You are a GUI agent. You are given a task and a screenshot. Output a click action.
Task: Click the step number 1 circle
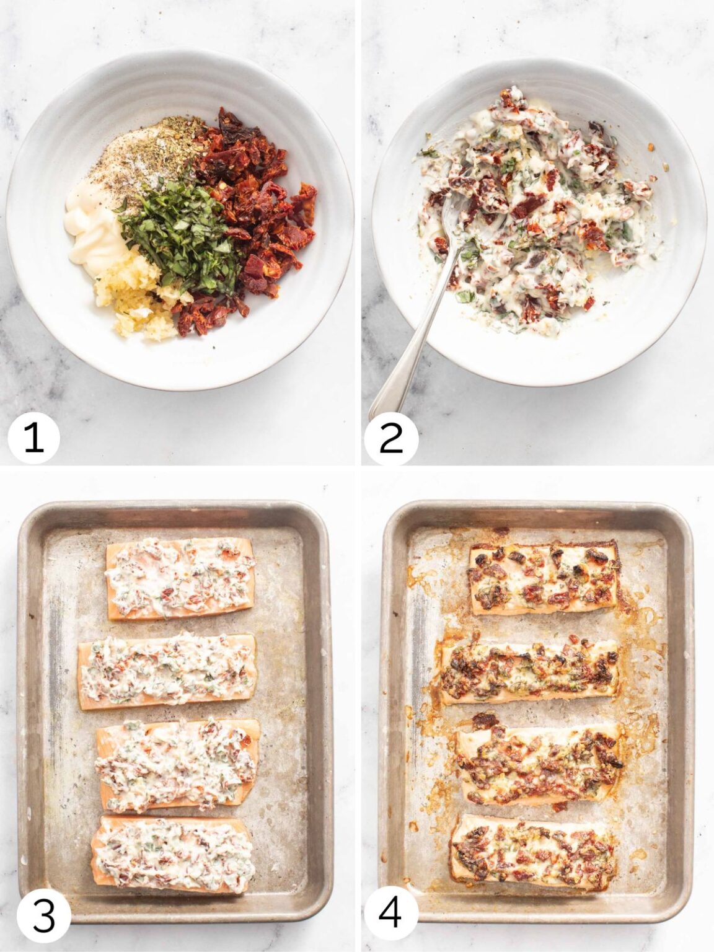click(x=33, y=438)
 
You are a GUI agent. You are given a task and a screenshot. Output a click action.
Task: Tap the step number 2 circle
click(x=391, y=438)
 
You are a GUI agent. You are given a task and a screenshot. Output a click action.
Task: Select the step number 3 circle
click(x=43, y=915)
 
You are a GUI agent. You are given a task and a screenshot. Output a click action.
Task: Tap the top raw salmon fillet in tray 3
click(x=180, y=578)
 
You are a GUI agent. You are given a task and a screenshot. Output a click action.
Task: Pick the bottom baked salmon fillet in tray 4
click(x=533, y=852)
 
